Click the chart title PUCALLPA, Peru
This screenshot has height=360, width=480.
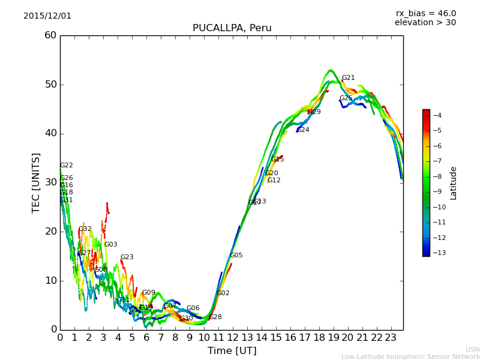click(x=232, y=28)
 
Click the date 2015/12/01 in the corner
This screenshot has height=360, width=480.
click(x=47, y=16)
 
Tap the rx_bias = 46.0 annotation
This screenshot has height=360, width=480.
click(x=425, y=14)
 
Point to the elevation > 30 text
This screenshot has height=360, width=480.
click(x=425, y=23)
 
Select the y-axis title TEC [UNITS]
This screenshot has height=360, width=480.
click(x=36, y=182)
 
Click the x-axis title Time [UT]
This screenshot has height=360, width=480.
click(x=232, y=351)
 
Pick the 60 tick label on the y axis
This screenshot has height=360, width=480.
click(x=50, y=35)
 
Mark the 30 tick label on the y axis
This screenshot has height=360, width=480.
click(x=50, y=182)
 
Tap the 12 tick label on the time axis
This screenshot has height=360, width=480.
click(x=233, y=338)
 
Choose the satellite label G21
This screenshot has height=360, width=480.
click(x=348, y=78)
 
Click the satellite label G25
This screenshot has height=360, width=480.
click(x=346, y=98)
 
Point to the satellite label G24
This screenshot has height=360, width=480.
click(x=303, y=130)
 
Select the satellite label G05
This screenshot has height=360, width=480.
click(x=236, y=256)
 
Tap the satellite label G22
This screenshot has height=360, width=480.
click(x=66, y=166)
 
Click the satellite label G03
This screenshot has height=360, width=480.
click(x=110, y=245)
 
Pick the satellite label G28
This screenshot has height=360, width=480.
click(x=215, y=317)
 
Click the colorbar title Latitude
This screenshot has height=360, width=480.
click(x=454, y=183)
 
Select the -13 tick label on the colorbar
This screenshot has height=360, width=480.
click(x=436, y=253)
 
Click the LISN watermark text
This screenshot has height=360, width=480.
click(x=472, y=349)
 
